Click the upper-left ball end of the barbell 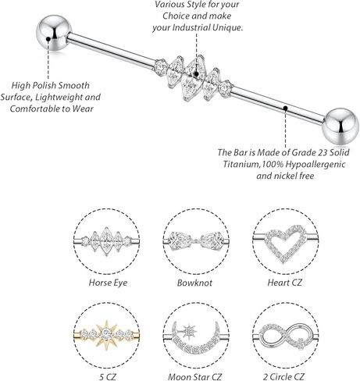point(54,33)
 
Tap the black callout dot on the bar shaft point(286,108)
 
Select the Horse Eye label point(108,283)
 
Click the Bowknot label point(194,283)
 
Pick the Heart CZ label point(285,283)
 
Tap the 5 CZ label point(108,376)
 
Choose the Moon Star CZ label point(194,376)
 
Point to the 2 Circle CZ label point(283,376)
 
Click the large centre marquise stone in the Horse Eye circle point(107,241)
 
